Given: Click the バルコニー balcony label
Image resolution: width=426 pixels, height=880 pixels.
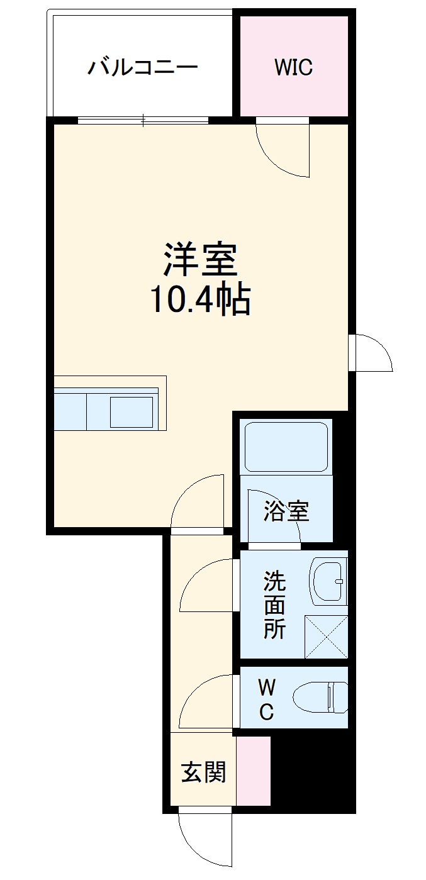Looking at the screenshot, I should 142,67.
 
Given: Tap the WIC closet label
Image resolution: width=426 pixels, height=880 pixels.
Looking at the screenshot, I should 293,67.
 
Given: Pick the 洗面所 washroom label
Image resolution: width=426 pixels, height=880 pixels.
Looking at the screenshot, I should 274,604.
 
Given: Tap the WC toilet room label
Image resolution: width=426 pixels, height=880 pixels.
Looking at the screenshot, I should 266,699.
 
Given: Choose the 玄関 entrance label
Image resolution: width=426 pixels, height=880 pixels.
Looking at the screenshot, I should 203,772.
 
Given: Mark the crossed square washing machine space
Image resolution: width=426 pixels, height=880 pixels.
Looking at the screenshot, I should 326,637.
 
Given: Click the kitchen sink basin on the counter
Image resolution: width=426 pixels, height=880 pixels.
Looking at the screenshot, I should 132,412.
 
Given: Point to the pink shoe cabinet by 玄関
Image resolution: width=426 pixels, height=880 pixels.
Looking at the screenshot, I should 253,771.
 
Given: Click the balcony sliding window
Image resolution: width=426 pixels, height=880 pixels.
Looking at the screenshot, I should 143,120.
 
